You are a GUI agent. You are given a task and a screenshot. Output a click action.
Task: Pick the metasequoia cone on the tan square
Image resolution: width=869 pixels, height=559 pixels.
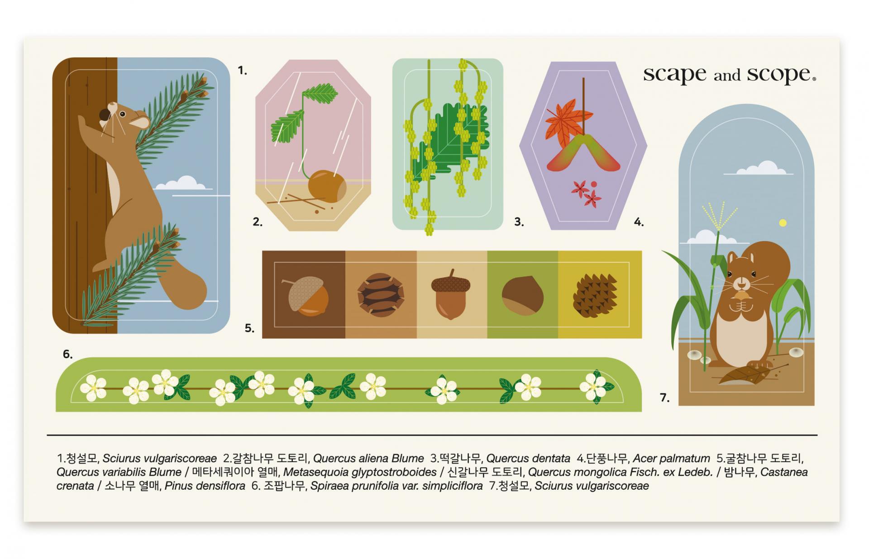click(x=380, y=295)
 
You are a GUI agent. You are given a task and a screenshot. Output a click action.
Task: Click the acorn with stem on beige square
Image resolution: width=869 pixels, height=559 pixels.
click(x=451, y=294)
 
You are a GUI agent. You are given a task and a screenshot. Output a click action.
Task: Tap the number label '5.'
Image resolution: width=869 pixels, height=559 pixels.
click(x=249, y=328)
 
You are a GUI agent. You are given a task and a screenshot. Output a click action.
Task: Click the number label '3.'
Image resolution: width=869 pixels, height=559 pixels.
click(x=519, y=222)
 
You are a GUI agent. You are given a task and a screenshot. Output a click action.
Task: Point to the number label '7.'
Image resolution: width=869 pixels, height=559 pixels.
click(x=664, y=398)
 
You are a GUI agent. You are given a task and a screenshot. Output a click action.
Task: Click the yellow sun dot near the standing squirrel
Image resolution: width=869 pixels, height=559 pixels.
click(x=783, y=223)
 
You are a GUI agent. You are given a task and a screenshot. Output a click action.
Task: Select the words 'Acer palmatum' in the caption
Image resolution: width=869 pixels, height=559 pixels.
click(x=671, y=459)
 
